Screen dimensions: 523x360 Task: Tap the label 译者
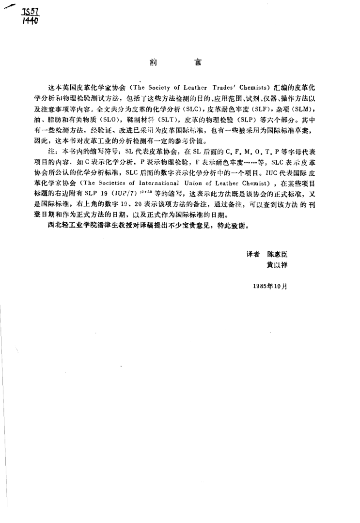click(252, 253)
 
